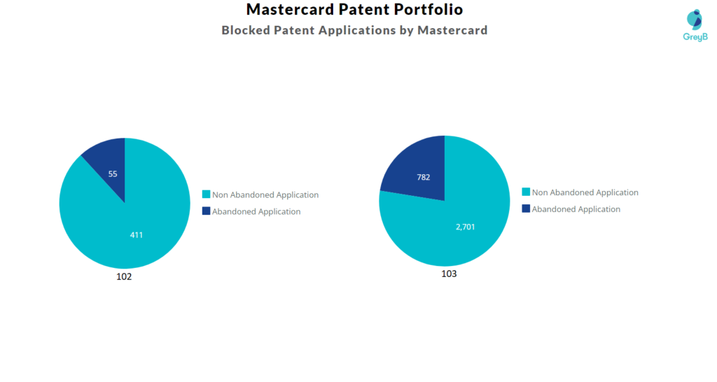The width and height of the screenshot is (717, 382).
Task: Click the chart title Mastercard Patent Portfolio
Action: (x=354, y=10)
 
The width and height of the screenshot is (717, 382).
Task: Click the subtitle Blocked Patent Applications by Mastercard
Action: (x=354, y=30)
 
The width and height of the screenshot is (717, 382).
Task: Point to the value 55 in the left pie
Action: (x=113, y=173)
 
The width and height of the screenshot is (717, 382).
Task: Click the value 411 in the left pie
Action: (x=136, y=235)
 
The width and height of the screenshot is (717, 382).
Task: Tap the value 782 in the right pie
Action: (x=423, y=177)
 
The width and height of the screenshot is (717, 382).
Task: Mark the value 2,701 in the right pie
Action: (x=465, y=227)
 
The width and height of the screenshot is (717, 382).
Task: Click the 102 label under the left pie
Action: (x=124, y=276)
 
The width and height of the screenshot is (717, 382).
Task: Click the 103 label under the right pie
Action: (x=449, y=274)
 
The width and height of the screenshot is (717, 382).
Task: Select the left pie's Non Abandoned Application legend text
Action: (x=265, y=195)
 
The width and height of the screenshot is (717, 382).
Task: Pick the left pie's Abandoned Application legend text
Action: (x=256, y=211)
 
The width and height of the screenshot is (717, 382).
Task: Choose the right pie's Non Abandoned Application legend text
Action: (x=585, y=192)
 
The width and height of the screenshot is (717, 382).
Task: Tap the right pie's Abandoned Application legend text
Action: (x=576, y=209)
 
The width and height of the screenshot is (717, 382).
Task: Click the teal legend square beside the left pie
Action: (x=206, y=194)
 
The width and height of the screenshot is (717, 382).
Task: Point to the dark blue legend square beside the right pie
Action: (x=526, y=208)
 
